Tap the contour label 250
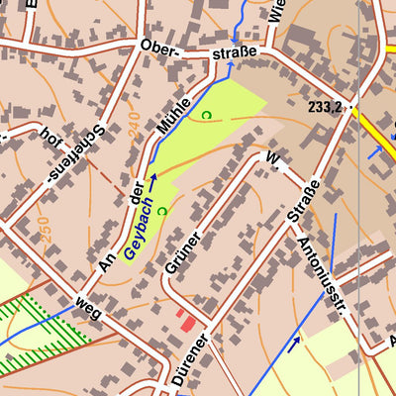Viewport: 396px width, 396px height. tap(44, 230)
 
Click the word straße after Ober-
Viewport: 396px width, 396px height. tap(234, 50)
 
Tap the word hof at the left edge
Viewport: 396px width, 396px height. tap(46, 136)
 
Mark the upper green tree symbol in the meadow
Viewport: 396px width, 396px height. tap(206, 116)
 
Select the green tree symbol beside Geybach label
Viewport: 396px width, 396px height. tap(160, 209)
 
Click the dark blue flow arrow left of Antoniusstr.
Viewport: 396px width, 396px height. tap(294, 344)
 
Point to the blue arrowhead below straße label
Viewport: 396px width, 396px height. tap(231, 67)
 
